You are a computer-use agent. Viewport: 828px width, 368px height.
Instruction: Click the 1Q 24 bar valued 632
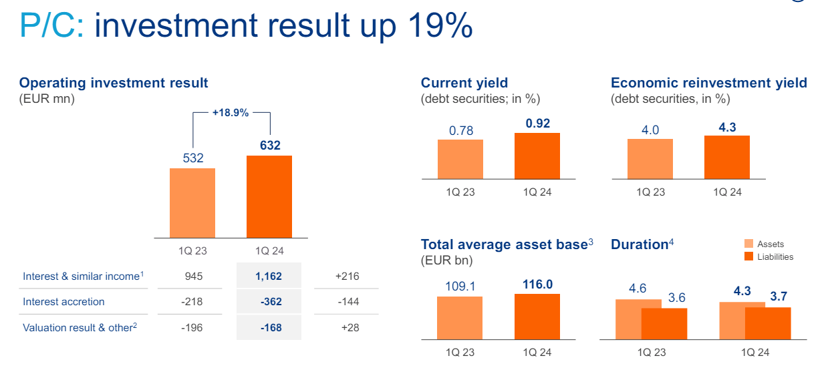[x=269, y=196]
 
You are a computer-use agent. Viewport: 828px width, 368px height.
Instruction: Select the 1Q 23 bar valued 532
[x=192, y=202]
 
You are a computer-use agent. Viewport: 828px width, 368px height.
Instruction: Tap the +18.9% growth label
[x=231, y=113]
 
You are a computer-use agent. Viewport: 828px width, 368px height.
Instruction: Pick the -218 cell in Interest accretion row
[x=192, y=302]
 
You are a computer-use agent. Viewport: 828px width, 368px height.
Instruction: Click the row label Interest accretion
[x=63, y=302]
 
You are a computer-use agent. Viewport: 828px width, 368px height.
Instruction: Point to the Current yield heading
[x=464, y=83]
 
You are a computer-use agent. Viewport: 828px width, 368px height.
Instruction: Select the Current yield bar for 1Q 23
[x=460, y=159]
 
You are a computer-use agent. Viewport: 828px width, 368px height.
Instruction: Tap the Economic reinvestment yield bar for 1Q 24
[x=727, y=157]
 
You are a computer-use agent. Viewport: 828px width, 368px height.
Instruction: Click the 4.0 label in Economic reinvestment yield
[x=650, y=130]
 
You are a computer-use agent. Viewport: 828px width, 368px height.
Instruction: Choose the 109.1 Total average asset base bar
[x=460, y=318]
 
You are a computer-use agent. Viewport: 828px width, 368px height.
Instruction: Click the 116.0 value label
[x=537, y=285]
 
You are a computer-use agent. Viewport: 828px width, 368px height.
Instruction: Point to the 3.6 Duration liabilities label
[x=677, y=298]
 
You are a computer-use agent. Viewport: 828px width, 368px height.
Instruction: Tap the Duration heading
[x=639, y=244]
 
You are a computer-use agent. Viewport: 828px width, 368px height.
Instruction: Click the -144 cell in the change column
[x=348, y=302]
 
